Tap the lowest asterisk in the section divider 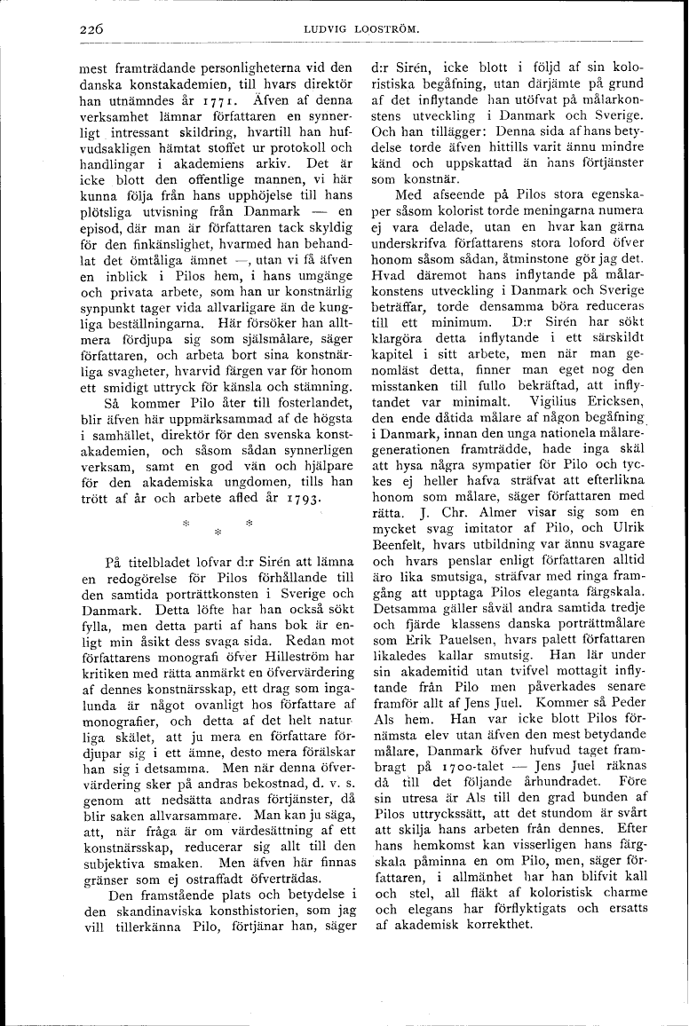coord(218,533)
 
